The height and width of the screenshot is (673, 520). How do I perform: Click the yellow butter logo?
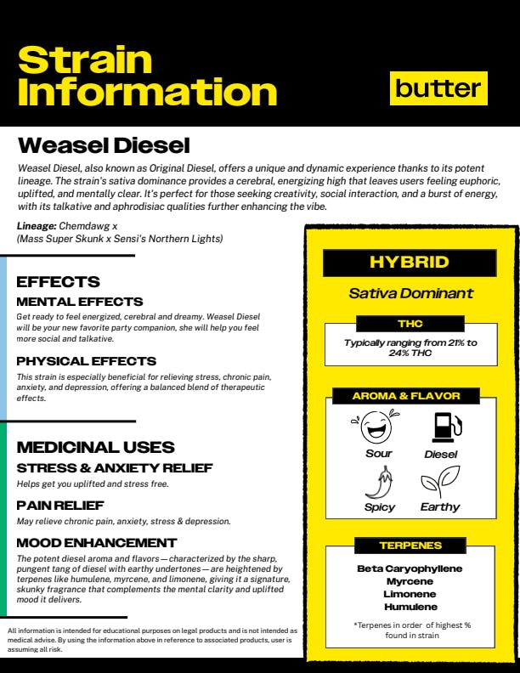pyautogui.click(x=438, y=88)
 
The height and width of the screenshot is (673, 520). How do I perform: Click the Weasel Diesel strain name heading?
pyautogui.click(x=104, y=145)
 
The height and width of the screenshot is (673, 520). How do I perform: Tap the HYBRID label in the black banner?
pyautogui.click(x=410, y=263)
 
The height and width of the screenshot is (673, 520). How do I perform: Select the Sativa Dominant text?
pyautogui.click(x=410, y=293)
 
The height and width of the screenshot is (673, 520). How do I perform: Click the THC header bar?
pyautogui.click(x=410, y=324)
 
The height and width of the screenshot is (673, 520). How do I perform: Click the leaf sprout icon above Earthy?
pyautogui.click(x=440, y=482)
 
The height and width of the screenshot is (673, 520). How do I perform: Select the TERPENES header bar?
pyautogui.click(x=410, y=545)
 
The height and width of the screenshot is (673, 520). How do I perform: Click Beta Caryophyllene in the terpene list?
pyautogui.click(x=410, y=568)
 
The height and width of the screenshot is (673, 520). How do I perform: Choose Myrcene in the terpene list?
pyautogui.click(x=410, y=581)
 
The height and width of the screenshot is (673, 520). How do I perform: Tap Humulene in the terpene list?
pyautogui.click(x=410, y=607)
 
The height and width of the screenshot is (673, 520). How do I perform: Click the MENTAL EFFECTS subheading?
pyautogui.click(x=80, y=302)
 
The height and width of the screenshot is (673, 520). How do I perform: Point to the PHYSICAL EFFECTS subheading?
pyautogui.click(x=87, y=361)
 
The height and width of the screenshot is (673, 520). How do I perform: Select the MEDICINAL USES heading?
pyautogui.click(x=96, y=447)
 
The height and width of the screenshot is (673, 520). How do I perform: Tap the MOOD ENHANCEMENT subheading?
pyautogui.click(x=97, y=542)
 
